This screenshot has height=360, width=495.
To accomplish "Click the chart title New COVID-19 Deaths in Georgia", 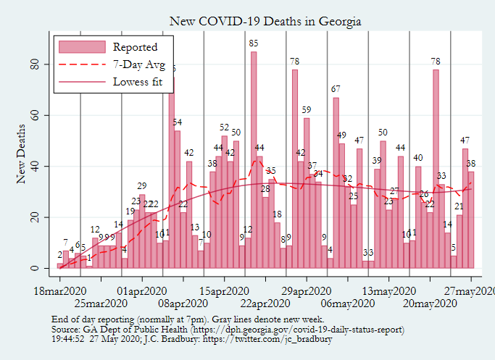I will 265,21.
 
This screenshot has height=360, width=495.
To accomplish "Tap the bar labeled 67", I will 336,181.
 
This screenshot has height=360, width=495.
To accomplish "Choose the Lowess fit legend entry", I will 142,81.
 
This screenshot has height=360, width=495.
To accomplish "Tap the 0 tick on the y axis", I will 43,268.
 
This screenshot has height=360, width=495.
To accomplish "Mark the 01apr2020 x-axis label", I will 141,291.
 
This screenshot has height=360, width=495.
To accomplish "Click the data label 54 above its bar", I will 177,122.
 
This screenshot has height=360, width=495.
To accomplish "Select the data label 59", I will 307,110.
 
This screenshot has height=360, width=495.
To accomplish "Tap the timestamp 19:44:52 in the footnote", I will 70,338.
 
